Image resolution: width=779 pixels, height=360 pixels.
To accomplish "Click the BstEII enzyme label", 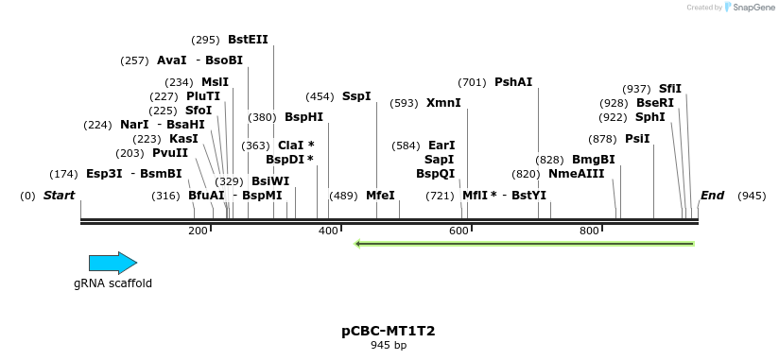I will (x=248, y=40).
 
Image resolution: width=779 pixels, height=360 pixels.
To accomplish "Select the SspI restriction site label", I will (x=356, y=96).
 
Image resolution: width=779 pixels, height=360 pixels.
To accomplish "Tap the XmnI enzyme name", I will (x=443, y=103).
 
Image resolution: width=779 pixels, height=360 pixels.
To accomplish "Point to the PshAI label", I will (x=513, y=82).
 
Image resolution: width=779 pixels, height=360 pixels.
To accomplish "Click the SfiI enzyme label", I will (x=669, y=89).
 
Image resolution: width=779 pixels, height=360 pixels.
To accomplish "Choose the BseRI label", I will (x=655, y=103).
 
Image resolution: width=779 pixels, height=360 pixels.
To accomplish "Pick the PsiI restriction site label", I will (x=637, y=138).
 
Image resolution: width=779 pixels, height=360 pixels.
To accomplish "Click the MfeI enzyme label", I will (x=380, y=196).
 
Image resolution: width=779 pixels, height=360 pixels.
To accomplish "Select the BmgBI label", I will (x=593, y=160).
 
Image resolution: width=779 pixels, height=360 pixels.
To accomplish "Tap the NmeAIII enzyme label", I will (x=576, y=174).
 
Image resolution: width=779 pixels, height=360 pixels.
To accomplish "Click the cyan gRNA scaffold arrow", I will (x=113, y=264).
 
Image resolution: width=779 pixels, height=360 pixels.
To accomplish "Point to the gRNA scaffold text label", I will (x=113, y=283).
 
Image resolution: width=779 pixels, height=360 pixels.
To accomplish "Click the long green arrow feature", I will (x=525, y=244).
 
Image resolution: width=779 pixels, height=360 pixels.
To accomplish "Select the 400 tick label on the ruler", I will (x=328, y=231).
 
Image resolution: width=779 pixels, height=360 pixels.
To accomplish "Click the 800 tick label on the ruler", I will (x=589, y=231).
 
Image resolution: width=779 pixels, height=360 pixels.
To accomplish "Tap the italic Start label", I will (x=59, y=196).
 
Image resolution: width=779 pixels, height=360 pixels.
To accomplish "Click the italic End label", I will (x=712, y=196).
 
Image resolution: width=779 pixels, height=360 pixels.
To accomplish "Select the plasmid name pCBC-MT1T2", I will (x=389, y=332).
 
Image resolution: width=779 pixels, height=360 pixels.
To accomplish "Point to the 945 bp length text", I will (x=389, y=346).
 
